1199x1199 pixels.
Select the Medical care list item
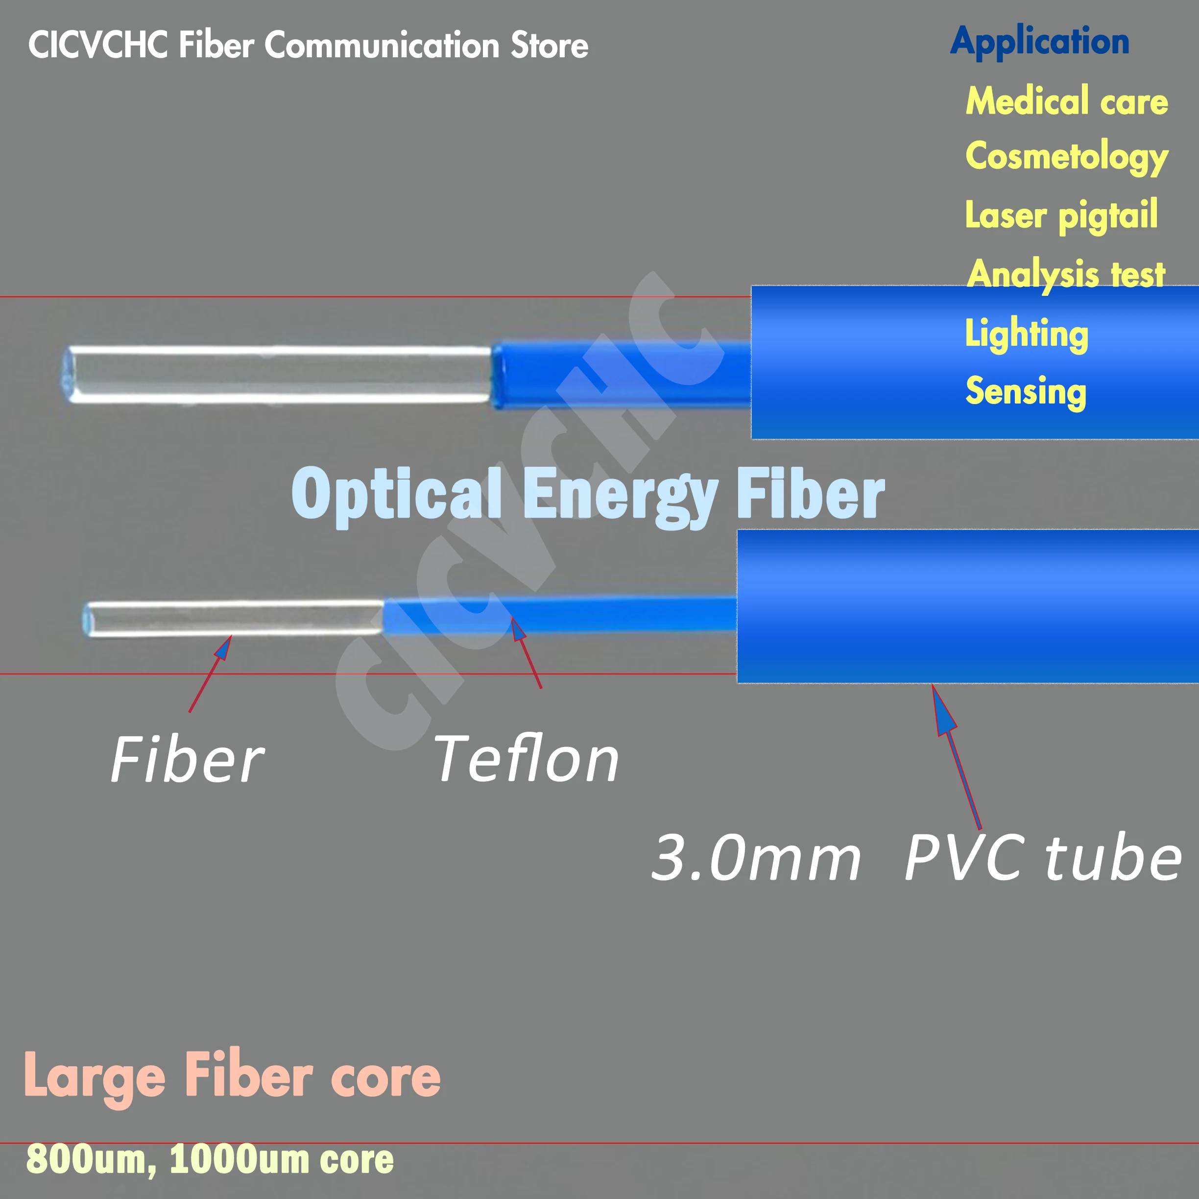click(1066, 101)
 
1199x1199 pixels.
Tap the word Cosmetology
click(1066, 156)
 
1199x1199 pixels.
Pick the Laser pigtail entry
click(1061, 216)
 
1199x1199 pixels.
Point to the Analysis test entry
click(1066, 274)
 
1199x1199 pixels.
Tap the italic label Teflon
click(526, 760)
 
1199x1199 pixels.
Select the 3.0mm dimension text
click(756, 858)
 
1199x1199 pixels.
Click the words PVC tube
click(1043, 858)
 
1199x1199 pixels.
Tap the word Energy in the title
click(620, 495)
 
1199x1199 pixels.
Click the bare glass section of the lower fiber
click(236, 619)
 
